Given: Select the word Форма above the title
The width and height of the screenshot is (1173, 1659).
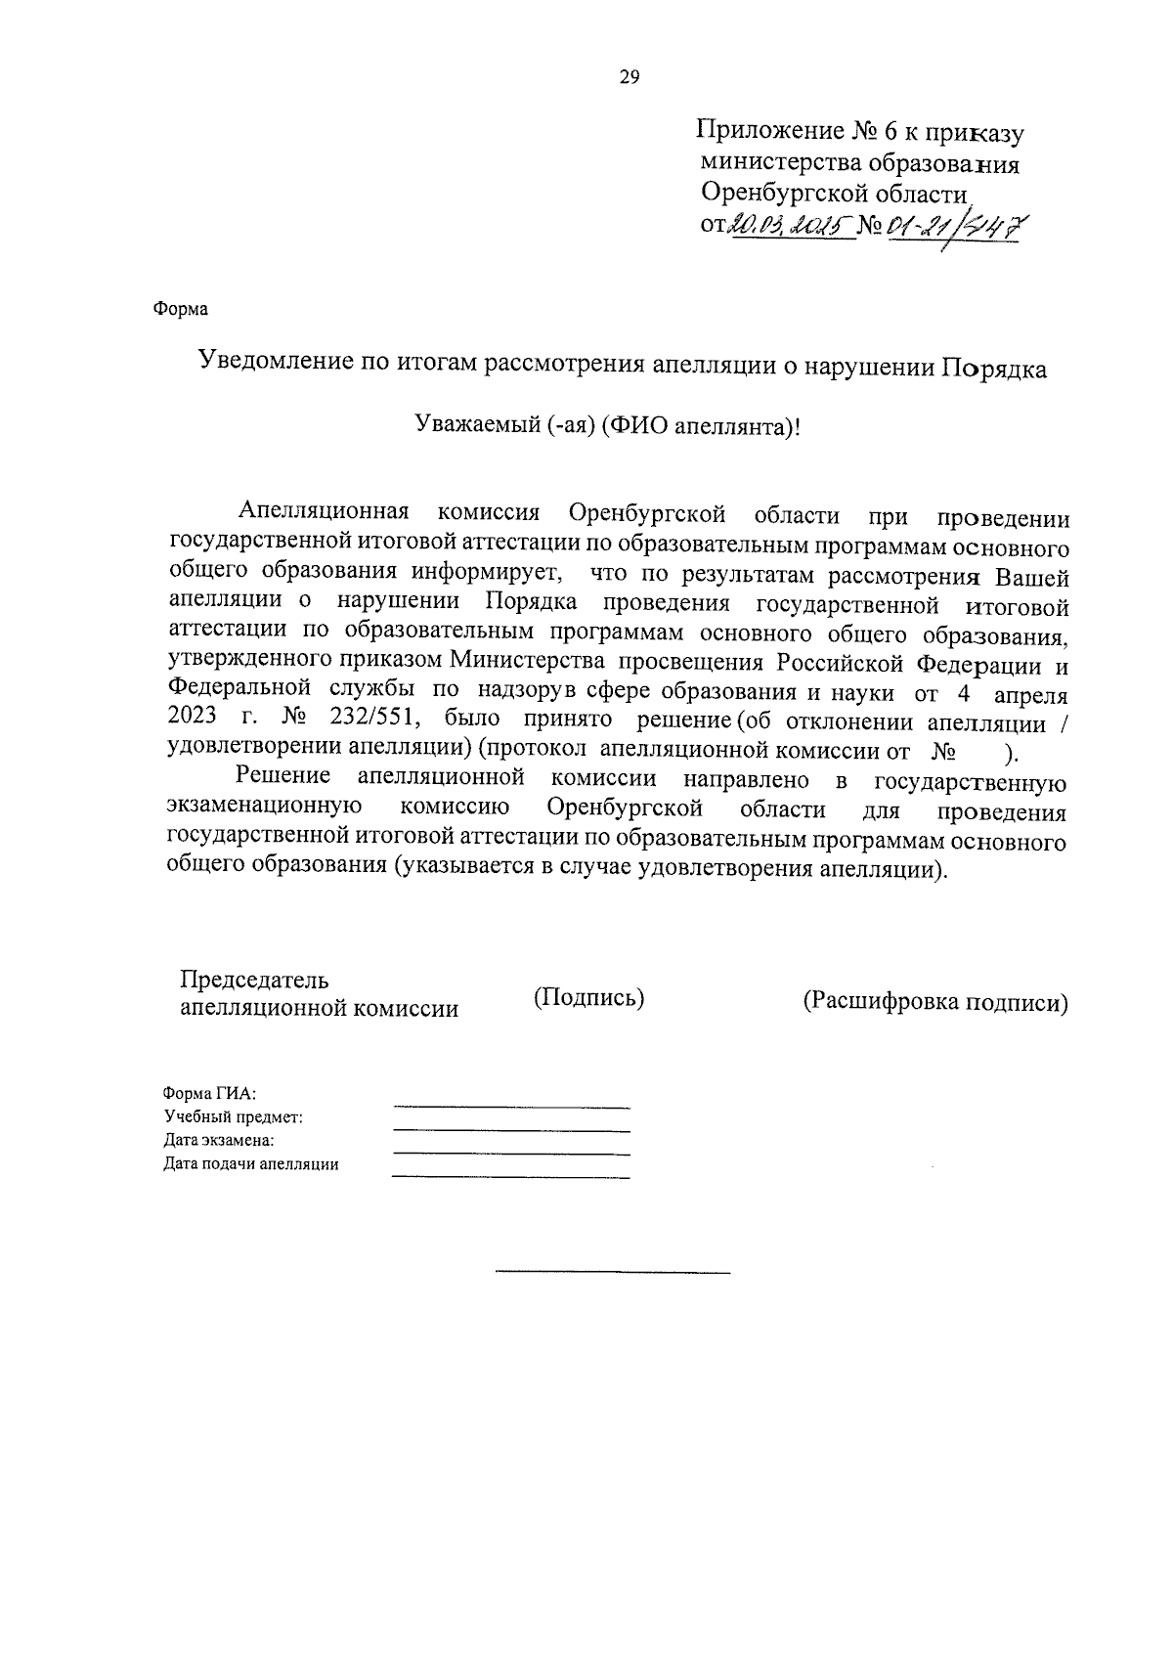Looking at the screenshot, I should point(181,309).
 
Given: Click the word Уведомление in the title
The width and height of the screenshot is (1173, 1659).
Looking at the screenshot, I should point(275,364).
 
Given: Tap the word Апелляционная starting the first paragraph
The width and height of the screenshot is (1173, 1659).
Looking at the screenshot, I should point(323,514).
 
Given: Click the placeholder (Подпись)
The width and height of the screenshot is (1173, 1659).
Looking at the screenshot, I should point(588,997).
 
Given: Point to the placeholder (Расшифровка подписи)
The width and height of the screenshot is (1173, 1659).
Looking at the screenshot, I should point(934,1003).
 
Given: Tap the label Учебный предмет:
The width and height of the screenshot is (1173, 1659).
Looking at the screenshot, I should point(233,1117).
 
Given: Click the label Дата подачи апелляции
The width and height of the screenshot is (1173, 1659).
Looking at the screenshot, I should point(250,1164).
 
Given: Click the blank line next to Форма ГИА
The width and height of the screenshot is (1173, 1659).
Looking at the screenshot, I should point(511,1107).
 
